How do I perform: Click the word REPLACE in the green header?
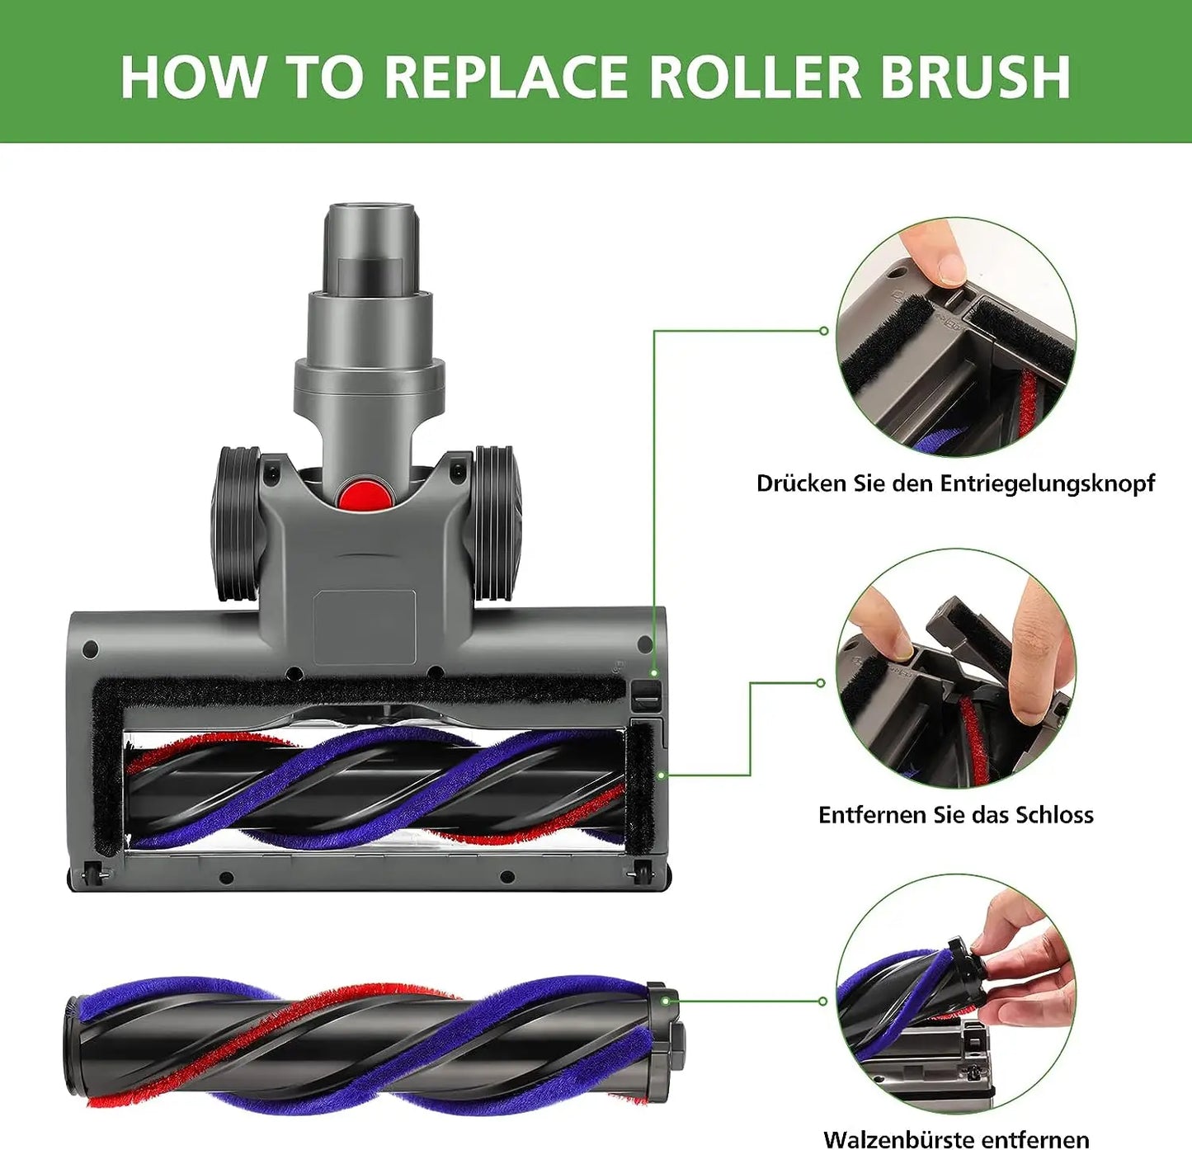coord(508,77)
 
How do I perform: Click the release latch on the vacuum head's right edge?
coord(646,696)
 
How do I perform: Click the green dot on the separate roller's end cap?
coord(665,1001)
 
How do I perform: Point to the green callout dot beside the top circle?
coord(823,331)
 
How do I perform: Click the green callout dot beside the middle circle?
coord(821,683)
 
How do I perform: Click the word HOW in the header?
coord(193,77)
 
